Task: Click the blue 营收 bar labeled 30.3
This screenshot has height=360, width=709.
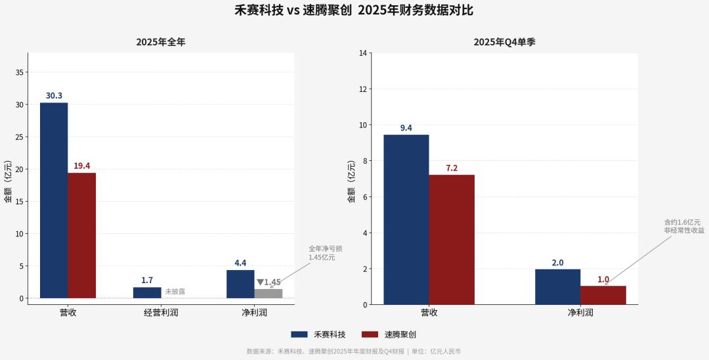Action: (54, 200)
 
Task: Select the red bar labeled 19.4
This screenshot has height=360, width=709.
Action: (82, 236)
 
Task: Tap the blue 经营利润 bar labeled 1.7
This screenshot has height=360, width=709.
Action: (147, 292)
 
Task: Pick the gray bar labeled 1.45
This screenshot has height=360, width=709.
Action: (269, 294)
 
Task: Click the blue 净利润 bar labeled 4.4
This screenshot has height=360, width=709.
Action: (240, 284)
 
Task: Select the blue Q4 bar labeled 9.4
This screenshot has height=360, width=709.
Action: (406, 219)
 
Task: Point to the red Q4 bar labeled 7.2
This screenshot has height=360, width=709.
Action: (452, 240)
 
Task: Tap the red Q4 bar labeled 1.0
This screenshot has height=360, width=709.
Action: (603, 295)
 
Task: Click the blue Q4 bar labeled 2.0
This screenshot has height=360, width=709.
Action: (558, 286)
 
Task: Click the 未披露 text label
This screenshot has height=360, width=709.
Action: (175, 292)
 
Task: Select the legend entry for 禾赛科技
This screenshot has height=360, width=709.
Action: (318, 334)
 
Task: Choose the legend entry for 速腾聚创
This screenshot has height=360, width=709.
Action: (389, 334)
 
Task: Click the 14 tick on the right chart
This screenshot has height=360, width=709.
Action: (362, 53)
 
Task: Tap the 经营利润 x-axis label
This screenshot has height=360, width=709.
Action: (161, 313)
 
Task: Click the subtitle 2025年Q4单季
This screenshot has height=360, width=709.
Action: (505, 42)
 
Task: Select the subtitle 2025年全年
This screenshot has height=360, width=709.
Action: (161, 42)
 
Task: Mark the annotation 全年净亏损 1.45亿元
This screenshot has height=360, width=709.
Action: (326, 253)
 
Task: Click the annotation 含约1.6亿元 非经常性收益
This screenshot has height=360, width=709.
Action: (684, 226)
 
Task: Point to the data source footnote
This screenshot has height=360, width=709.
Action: (354, 351)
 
